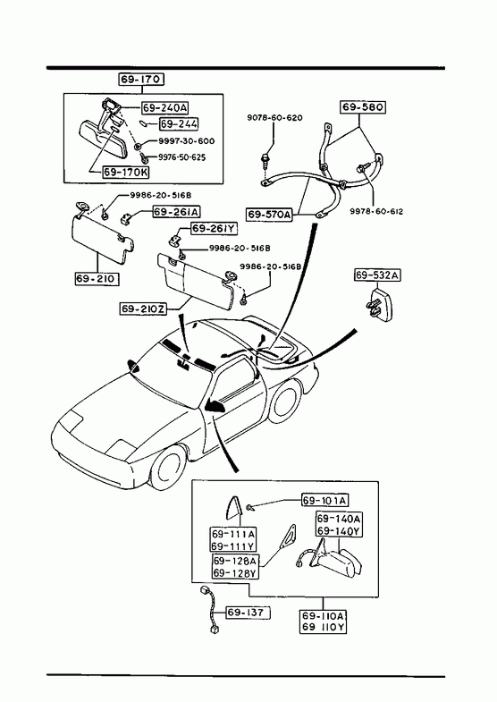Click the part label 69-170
[x=141, y=80]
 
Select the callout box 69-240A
[x=165, y=108]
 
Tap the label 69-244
[x=179, y=124]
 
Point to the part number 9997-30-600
[x=187, y=141]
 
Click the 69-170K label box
[x=126, y=172]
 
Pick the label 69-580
[x=363, y=107]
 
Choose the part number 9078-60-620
[x=274, y=118]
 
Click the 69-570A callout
[x=269, y=215]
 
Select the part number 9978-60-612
[x=376, y=211]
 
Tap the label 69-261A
[x=177, y=211]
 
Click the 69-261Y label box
[x=215, y=229]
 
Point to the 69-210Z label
[x=143, y=309]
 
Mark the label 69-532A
[x=377, y=275]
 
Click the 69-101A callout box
[x=324, y=500]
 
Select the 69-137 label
[x=248, y=612]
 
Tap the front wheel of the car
[x=170, y=467]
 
